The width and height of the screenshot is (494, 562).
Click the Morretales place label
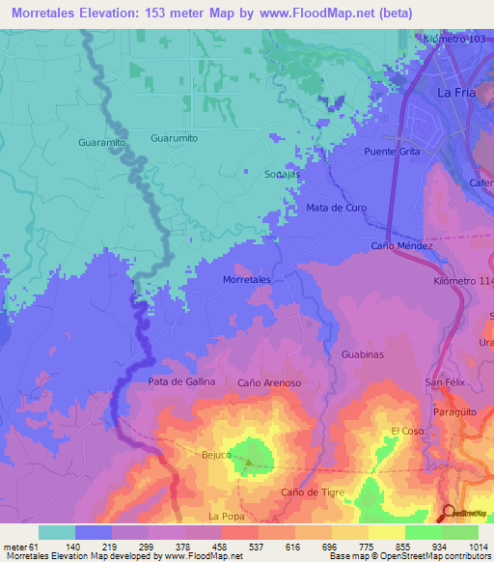click(246, 279)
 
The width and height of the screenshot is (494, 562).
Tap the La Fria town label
click(457, 94)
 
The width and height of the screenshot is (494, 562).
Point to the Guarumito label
click(175, 138)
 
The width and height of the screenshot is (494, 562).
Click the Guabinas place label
click(363, 355)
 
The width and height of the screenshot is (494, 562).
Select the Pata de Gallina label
click(181, 382)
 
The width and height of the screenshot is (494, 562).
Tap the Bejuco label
click(217, 454)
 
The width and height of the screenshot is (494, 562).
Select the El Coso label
click(407, 431)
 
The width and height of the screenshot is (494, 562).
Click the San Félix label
click(447, 383)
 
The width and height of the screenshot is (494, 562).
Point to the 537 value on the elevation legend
click(231, 547)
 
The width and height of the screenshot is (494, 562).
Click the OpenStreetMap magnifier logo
click(448, 514)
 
